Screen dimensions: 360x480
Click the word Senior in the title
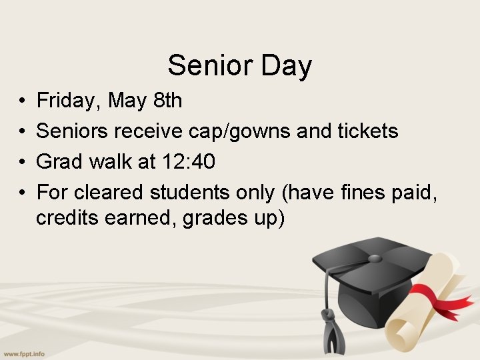tap(201, 66)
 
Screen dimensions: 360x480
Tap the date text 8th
tap(167, 101)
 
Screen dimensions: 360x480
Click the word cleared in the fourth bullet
tap(109, 193)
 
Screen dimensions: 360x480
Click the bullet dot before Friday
tap(22, 101)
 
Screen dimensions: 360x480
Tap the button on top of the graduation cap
tap(375, 258)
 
